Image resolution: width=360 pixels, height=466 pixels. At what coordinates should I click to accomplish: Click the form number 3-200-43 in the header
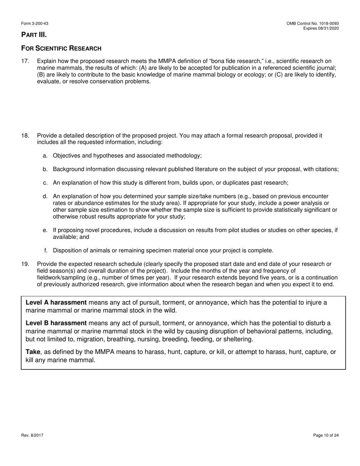pyautogui.click(x=34, y=23)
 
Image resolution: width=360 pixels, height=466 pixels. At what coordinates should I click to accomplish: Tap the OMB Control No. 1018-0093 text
pyautogui.click(x=313, y=23)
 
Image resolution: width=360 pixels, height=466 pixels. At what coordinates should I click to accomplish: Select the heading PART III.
pyautogui.click(x=34, y=35)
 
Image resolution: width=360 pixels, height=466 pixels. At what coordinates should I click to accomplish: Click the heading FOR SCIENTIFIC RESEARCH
pyautogui.click(x=61, y=48)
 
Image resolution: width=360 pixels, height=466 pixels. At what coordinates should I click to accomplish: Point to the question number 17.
pyautogui.click(x=25, y=61)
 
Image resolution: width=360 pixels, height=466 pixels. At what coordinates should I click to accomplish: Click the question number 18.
pyautogui.click(x=25, y=136)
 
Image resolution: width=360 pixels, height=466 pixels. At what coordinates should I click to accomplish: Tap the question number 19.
pyautogui.click(x=25, y=264)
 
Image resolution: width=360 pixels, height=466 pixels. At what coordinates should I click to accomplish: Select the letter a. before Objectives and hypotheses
pyautogui.click(x=45, y=156)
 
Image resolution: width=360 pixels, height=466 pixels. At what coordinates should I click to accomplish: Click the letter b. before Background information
pyautogui.click(x=45, y=169)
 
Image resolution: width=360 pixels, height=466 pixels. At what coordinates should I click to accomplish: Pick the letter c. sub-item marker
pyautogui.click(x=45, y=183)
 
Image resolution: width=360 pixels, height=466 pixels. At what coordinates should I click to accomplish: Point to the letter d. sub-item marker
pyautogui.click(x=45, y=197)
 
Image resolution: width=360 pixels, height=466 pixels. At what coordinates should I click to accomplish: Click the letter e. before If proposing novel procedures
pyautogui.click(x=45, y=230)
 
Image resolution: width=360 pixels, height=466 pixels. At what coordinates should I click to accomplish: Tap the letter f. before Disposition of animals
pyautogui.click(x=46, y=250)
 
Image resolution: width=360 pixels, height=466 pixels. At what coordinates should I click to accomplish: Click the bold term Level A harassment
pyautogui.click(x=56, y=303)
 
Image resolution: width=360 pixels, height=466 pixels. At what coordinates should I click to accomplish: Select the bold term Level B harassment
pyautogui.click(x=56, y=323)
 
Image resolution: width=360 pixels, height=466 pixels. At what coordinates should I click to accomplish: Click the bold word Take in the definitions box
pyautogui.click(x=33, y=352)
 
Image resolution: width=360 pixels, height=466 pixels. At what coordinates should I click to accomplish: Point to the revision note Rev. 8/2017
pyautogui.click(x=32, y=435)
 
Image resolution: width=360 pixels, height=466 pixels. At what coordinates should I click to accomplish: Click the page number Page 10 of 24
pyautogui.click(x=326, y=435)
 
